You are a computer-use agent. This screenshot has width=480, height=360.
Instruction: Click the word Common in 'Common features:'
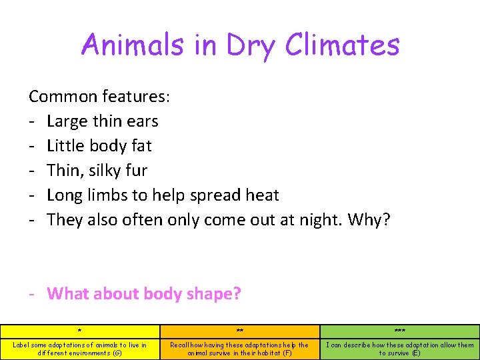pyautogui.click(x=63, y=97)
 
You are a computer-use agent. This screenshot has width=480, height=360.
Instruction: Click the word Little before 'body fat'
pyautogui.click(x=65, y=145)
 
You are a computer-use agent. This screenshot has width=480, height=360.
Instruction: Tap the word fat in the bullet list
pyautogui.click(x=141, y=145)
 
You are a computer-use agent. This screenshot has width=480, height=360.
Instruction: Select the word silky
pyautogui.click(x=103, y=171)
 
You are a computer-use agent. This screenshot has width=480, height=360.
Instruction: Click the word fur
pyautogui.click(x=135, y=171)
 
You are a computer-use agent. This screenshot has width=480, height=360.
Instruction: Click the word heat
pyautogui.click(x=262, y=195)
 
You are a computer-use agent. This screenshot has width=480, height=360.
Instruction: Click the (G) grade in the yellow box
pyautogui.click(x=117, y=353)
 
